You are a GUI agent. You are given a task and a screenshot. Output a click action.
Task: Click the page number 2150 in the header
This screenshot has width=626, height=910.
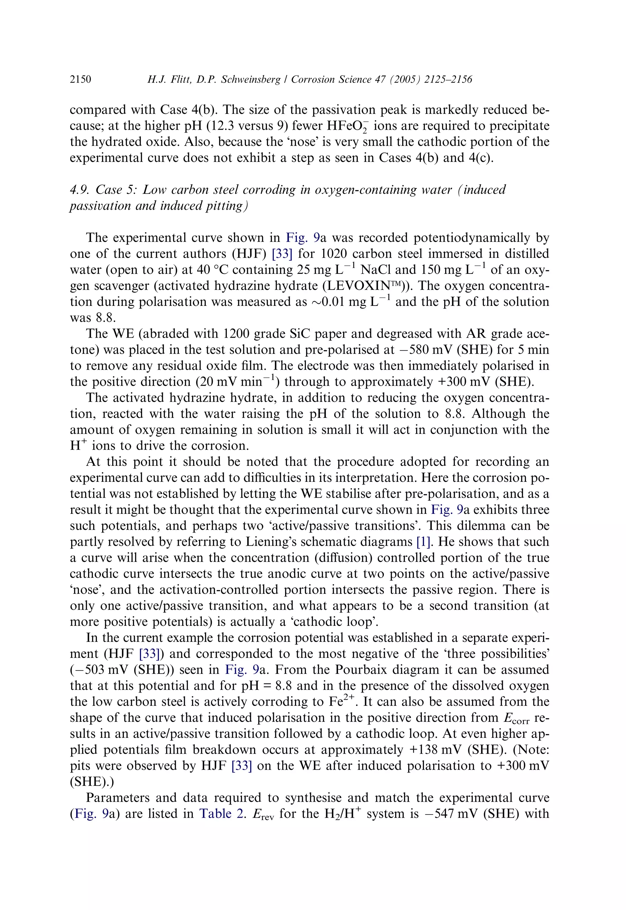[x=80, y=80]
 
